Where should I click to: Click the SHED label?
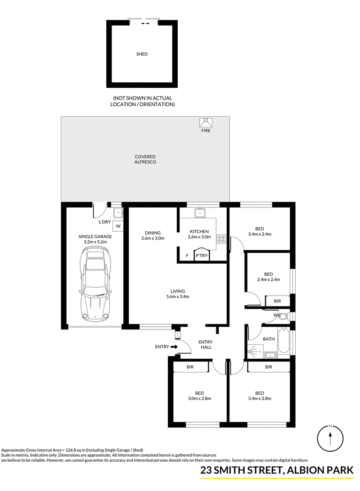pyautogui.click(x=142, y=54)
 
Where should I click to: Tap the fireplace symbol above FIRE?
pyautogui.click(x=206, y=122)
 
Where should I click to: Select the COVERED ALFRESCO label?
pyautogui.click(x=145, y=159)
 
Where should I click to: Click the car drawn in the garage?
pyautogui.click(x=95, y=284)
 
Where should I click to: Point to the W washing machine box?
pyautogui.click(x=118, y=226)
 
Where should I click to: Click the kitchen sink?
pyautogui.click(x=199, y=213)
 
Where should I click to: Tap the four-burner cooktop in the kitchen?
pyautogui.click(x=221, y=239)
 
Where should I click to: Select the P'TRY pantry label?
pyautogui.click(x=202, y=256)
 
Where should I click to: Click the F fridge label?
pyautogui.click(x=187, y=256)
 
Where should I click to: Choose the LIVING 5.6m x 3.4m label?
pyautogui.click(x=178, y=294)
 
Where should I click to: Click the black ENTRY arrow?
pyautogui.click(x=174, y=347)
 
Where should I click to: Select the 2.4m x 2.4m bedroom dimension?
pyautogui.click(x=269, y=279)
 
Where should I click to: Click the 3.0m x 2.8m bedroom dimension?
pyautogui.click(x=199, y=399)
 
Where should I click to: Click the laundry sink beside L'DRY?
pyautogui.click(x=118, y=213)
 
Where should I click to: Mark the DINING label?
pyautogui.click(x=153, y=233)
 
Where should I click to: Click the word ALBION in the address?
pyautogui.click(x=305, y=470)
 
